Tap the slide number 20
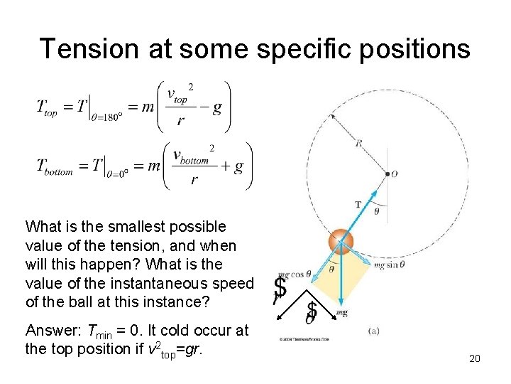(x=475, y=358)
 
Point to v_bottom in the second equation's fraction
(x=191, y=156)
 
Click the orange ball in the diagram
(x=341, y=241)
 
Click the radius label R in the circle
(x=359, y=143)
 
